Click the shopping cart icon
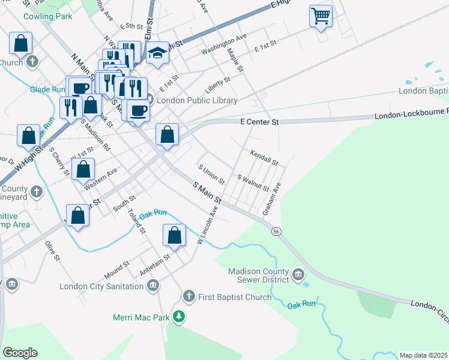pos(321,16)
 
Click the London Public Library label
pos(197,100)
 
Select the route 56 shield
pos(276,231)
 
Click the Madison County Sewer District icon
pos(298,275)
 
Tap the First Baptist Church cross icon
pos(188,296)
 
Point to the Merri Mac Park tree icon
pos(178,316)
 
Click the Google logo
pos(20,352)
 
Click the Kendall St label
pos(264,158)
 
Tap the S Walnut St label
pos(253,183)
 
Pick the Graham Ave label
pos(272,199)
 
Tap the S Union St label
pos(211,173)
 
